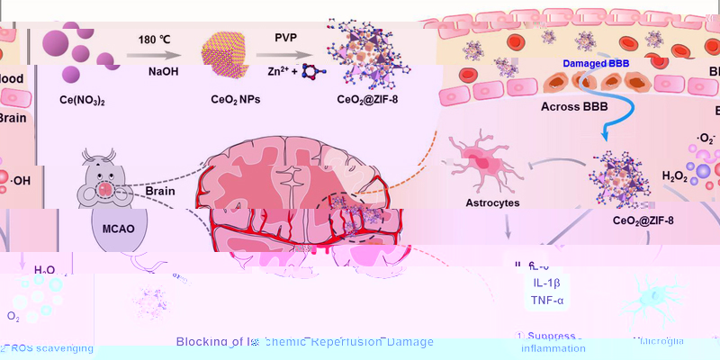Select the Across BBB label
click(x=575, y=106)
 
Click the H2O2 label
click(x=677, y=176)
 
